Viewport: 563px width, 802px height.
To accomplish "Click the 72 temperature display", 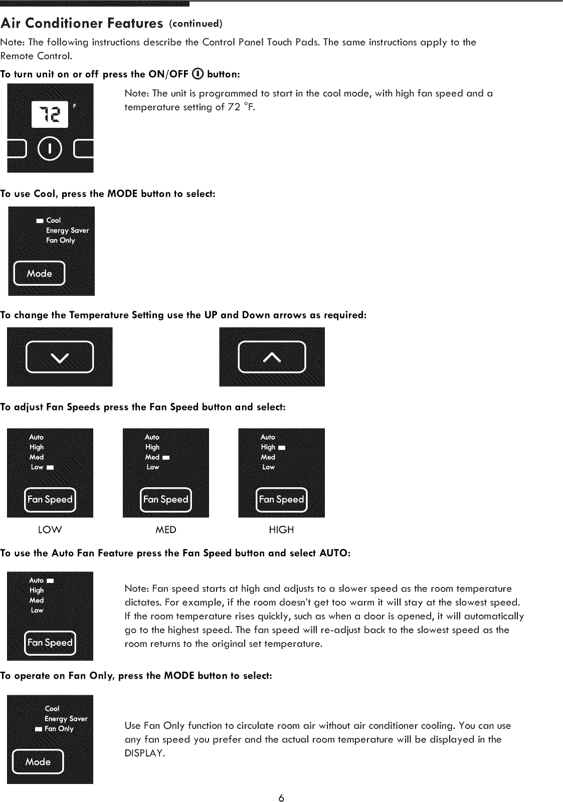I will click(50, 115).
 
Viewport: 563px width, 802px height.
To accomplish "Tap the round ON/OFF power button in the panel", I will click(50, 149).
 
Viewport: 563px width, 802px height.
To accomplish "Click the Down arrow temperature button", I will click(60, 357).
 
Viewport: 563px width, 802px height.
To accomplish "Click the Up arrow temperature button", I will click(272, 357).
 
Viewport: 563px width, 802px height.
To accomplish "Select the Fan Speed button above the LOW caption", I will click(50, 500).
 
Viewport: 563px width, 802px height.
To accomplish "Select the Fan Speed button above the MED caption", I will click(165, 500).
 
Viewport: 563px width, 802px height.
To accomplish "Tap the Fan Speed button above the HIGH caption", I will click(281, 500).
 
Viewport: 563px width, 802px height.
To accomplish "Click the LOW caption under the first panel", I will click(50, 530).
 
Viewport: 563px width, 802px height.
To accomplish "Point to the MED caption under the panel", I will click(165, 530).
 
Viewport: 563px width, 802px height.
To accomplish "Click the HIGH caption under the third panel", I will click(281, 530).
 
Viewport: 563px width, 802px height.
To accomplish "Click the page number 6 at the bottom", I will click(281, 797).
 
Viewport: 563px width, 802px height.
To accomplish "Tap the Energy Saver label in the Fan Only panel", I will click(66, 719).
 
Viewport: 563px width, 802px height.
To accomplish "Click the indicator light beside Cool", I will click(40, 221).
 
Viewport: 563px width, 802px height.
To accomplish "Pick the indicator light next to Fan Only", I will click(38, 729).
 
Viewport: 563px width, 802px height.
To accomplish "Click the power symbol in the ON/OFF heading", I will click(198, 74).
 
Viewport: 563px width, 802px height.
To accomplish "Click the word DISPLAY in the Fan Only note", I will click(144, 753).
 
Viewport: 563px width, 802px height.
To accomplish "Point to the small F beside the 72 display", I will click(75, 106).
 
